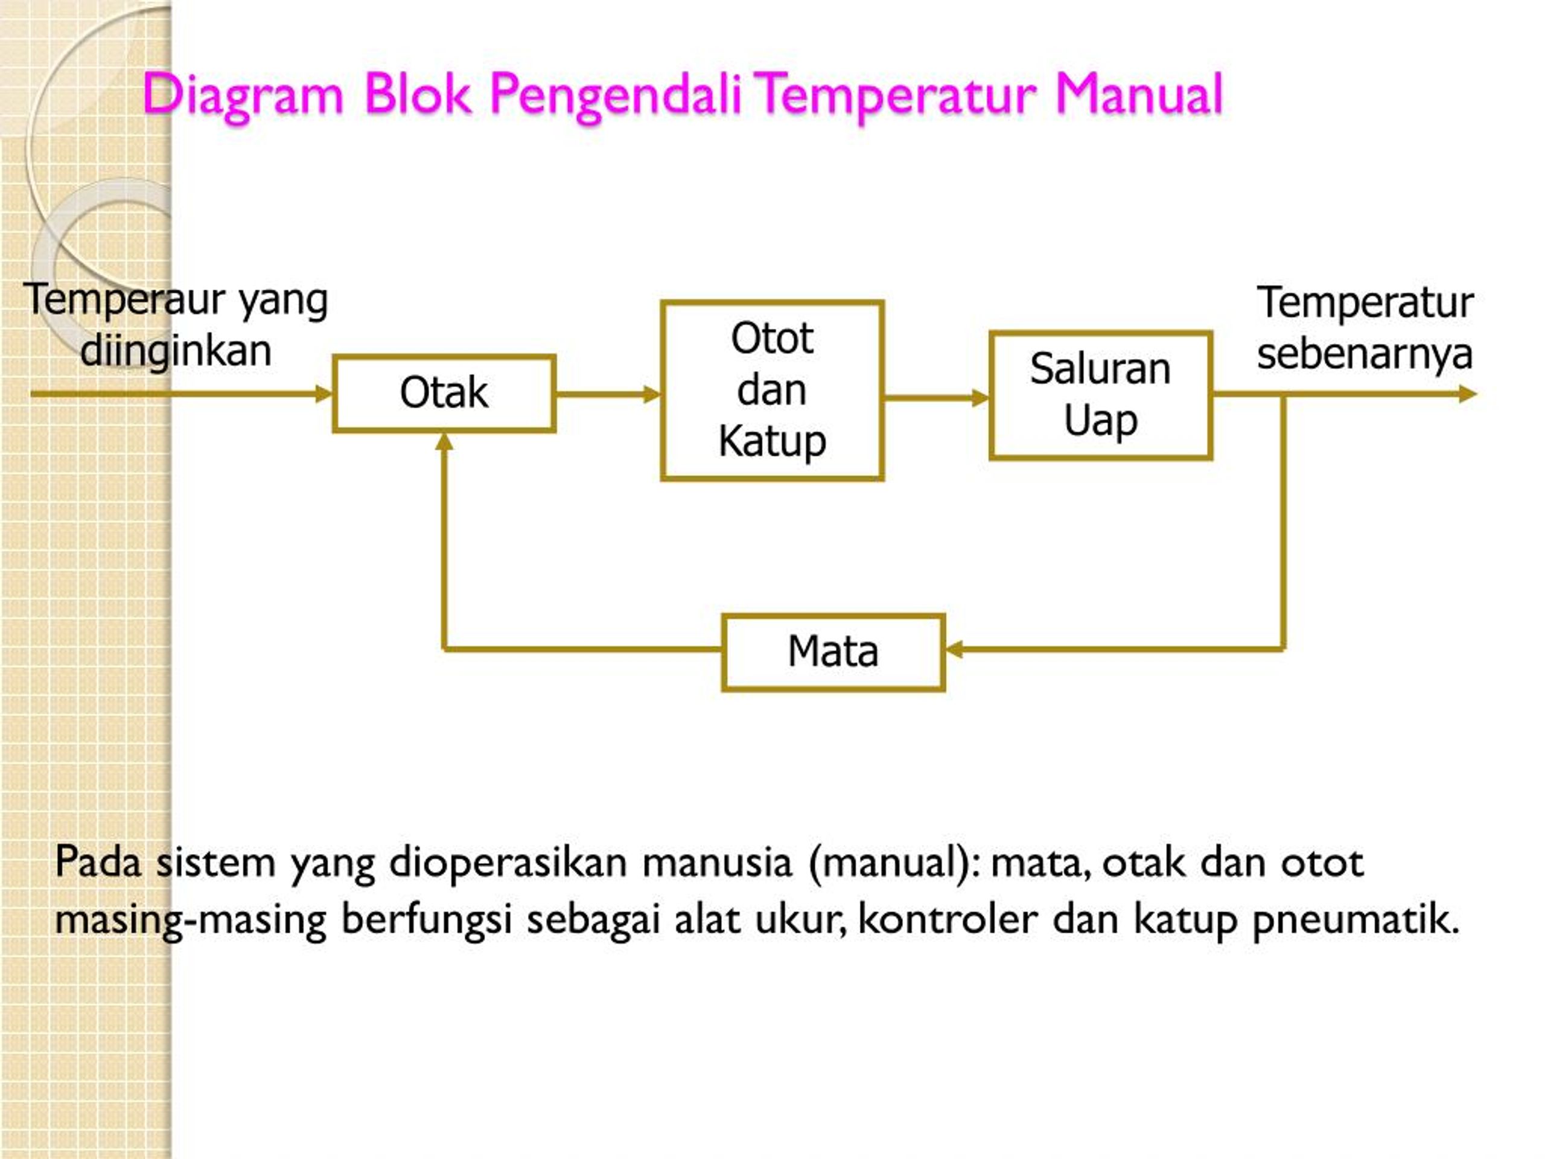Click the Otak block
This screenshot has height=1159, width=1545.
tap(444, 394)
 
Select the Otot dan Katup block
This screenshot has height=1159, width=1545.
tap(772, 391)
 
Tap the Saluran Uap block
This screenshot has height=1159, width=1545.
tap(1101, 395)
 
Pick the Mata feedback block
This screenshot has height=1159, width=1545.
tap(833, 653)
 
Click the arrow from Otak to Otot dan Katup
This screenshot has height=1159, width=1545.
tap(608, 395)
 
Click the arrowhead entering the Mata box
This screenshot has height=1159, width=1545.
tap(954, 650)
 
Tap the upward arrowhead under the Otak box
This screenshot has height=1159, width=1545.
tap(444, 441)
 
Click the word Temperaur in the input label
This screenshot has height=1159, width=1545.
tap(125, 301)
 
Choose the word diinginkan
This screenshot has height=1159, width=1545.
tap(176, 351)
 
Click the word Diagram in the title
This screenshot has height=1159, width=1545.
tap(243, 94)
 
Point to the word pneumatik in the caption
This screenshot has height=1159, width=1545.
tap(1357, 920)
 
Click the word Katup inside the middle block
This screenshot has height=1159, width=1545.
tap(772, 441)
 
